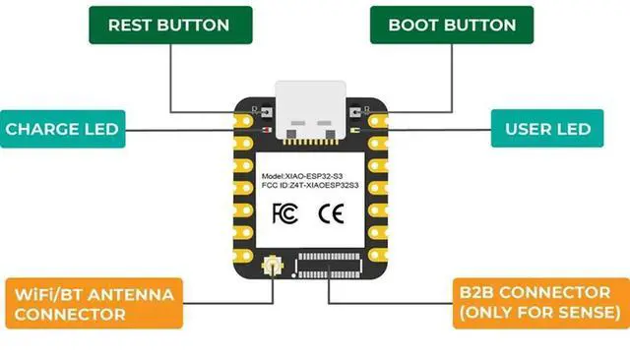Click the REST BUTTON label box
coord(168,25)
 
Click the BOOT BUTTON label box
coord(452,25)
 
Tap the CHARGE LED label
coord(61,129)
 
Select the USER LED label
coord(547,129)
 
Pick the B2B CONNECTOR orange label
coord(537,303)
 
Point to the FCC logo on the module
coord(283,211)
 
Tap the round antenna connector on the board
coord(272,264)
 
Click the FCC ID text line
coord(310,185)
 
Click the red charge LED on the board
coord(266,129)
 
